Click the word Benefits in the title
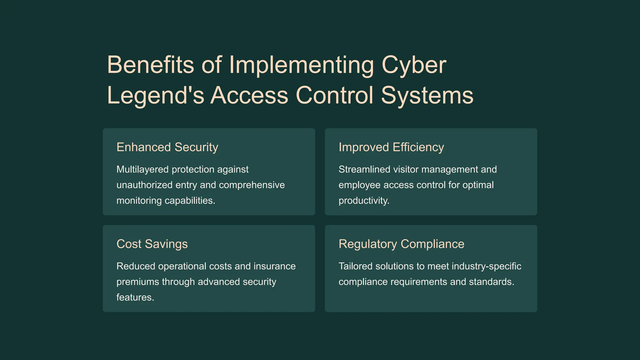150,65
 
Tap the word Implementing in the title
301,65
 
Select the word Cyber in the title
414,65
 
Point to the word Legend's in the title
155,95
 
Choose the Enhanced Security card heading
167,147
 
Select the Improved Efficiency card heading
391,147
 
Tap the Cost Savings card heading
152,244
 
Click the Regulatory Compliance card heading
401,244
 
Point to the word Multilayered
143,169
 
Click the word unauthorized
144,185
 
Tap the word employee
360,185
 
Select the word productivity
364,201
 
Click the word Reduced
136,266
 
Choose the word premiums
138,282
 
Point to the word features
135,297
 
